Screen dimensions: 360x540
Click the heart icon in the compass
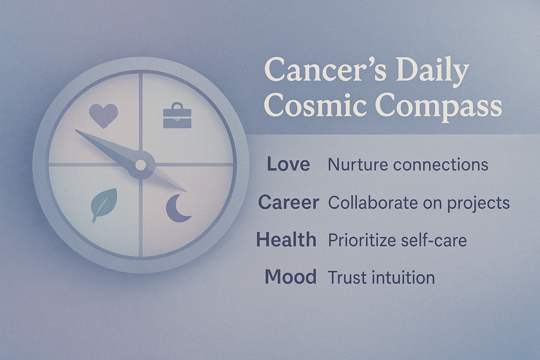[x=103, y=116]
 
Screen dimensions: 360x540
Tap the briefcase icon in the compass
[x=177, y=115]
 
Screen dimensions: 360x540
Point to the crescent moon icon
[x=179, y=207]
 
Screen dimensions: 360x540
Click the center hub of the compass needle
[x=141, y=165]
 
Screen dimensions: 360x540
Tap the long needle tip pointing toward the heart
[x=80, y=133]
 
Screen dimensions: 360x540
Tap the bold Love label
[x=288, y=164]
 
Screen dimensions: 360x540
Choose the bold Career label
[x=288, y=202]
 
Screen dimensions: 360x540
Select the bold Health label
[x=286, y=240]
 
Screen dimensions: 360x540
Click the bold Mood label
[x=290, y=277]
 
